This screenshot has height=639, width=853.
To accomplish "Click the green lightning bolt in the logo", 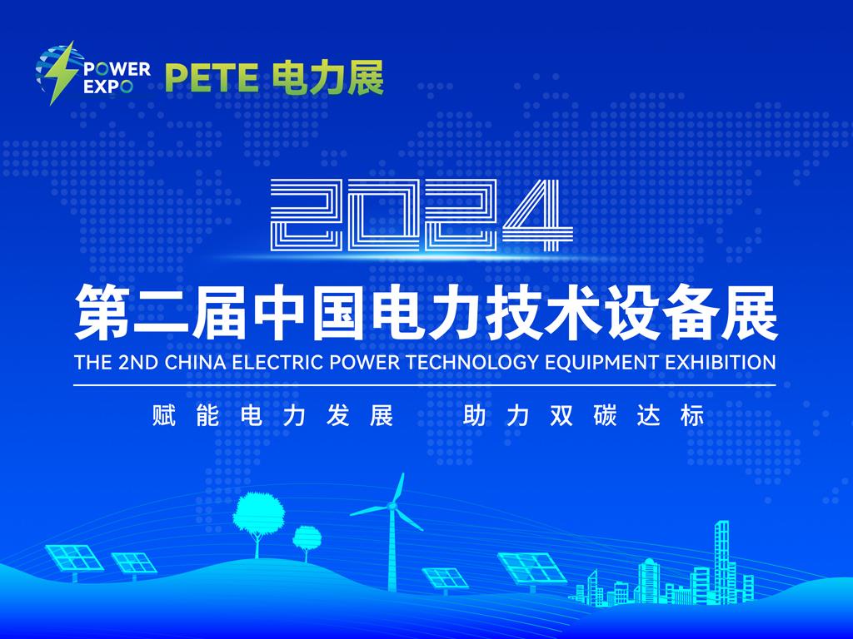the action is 60,73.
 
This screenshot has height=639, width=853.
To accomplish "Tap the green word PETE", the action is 212,78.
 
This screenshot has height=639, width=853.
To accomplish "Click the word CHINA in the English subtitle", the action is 195,362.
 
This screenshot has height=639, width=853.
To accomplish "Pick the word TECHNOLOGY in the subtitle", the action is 472,362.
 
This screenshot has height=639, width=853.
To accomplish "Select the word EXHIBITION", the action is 721,362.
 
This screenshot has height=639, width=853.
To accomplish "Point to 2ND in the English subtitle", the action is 137,362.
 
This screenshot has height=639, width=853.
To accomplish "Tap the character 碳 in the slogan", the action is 605,416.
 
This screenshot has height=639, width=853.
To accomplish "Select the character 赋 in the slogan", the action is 164,416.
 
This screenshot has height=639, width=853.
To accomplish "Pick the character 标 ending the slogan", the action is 692,416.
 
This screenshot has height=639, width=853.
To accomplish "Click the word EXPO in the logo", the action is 107,87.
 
